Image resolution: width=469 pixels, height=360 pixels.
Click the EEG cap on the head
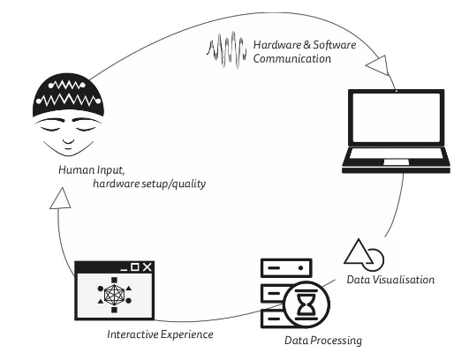coord(68,95)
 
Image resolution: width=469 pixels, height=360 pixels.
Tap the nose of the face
coord(69,142)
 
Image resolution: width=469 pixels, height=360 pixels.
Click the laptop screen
coord(397,117)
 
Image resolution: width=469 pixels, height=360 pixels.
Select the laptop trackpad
coord(397,162)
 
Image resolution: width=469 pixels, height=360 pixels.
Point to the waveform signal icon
coord(226,50)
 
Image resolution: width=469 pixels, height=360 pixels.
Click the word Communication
coord(292,58)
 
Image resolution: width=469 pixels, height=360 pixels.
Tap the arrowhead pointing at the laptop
coord(378,65)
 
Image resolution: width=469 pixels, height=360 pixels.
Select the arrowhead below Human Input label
coord(60,199)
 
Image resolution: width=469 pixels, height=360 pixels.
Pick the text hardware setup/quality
coord(149,184)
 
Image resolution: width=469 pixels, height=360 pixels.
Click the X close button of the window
coord(147,266)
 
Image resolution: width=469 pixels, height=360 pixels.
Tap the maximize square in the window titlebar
coord(135,267)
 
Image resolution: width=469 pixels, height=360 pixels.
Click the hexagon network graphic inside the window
coord(114,295)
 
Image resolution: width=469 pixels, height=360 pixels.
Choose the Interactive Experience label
coord(161,334)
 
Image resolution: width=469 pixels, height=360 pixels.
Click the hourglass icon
coord(306,304)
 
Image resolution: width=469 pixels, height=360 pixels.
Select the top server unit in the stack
coord(286,268)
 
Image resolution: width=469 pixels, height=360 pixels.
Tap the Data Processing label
coord(323,341)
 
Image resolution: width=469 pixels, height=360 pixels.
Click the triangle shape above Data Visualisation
coord(359,251)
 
